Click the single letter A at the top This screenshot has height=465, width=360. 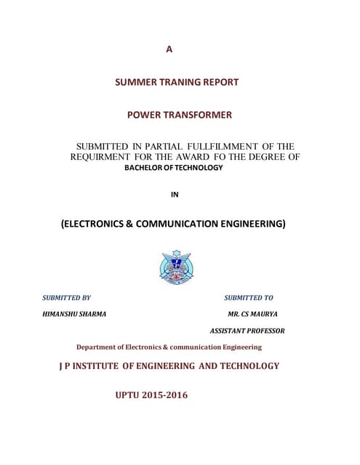click(x=169, y=49)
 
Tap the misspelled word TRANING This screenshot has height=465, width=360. click(x=177, y=82)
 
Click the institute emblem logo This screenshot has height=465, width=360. click(x=177, y=267)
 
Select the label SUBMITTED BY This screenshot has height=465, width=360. click(x=66, y=298)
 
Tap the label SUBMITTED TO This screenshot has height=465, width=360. click(x=249, y=298)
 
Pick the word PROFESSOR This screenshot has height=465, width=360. click(x=265, y=330)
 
